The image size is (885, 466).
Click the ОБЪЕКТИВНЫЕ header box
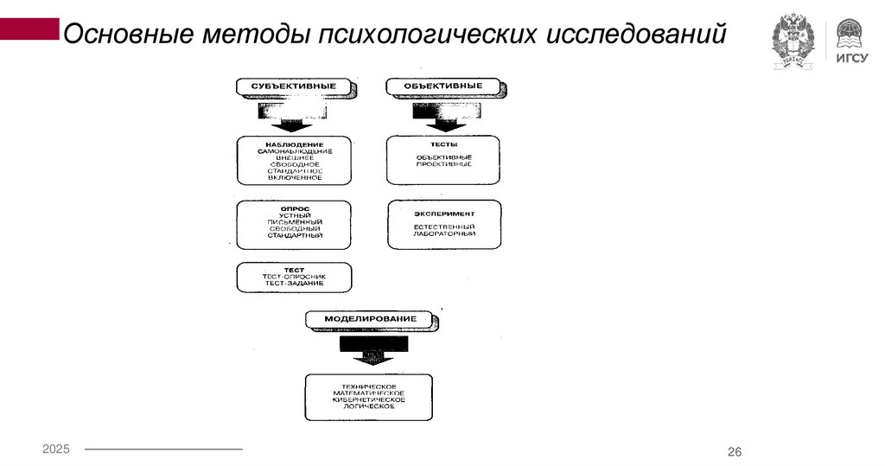tap(443, 87)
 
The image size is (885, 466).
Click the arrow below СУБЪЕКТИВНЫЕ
tap(293, 116)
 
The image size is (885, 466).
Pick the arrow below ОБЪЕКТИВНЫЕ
tap(443, 116)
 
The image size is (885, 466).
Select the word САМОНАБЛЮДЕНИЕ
tap(295, 151)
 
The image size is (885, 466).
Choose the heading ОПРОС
tap(295, 208)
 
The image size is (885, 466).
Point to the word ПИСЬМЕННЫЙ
tap(295, 222)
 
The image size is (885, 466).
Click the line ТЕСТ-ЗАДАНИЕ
tap(295, 284)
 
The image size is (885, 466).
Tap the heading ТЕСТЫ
tap(443, 144)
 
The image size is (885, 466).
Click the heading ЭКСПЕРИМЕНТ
tap(443, 213)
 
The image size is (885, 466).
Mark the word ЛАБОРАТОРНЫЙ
tap(443, 234)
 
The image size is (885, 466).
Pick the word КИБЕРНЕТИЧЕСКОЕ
tap(369, 399)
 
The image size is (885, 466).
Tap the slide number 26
tap(735, 452)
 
